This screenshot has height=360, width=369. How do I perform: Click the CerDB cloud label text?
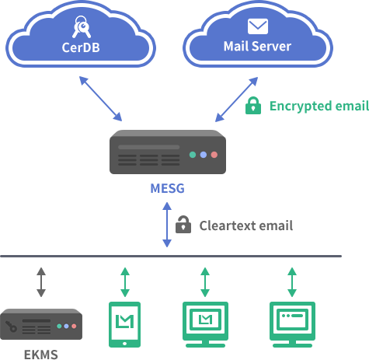point(81,47)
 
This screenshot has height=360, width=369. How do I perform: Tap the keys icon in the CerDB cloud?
point(82,27)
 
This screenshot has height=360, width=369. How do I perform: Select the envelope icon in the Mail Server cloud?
point(258,26)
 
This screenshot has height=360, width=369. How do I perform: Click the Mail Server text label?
point(257,47)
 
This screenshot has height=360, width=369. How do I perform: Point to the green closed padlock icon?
point(253,106)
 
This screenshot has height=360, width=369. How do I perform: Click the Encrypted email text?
point(319,106)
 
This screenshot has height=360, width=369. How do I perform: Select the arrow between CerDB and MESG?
point(100,99)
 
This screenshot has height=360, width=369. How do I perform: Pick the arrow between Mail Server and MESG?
point(236,100)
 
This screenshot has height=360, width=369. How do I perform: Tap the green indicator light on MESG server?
point(193,155)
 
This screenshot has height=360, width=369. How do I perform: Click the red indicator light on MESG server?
point(214,155)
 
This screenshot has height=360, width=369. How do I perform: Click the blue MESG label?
point(168,188)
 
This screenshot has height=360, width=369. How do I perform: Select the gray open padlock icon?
point(183,225)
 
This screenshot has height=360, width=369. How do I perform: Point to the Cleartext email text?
point(246,225)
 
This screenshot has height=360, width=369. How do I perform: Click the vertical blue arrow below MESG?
point(167,225)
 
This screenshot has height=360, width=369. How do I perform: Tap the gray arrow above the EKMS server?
point(41,282)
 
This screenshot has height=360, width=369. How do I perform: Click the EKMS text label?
point(41,355)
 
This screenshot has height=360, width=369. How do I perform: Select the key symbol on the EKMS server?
point(11,327)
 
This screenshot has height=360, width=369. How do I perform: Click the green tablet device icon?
point(124,324)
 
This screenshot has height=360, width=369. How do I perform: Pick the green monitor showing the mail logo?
point(205,324)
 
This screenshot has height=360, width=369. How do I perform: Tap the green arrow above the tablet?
point(125,282)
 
